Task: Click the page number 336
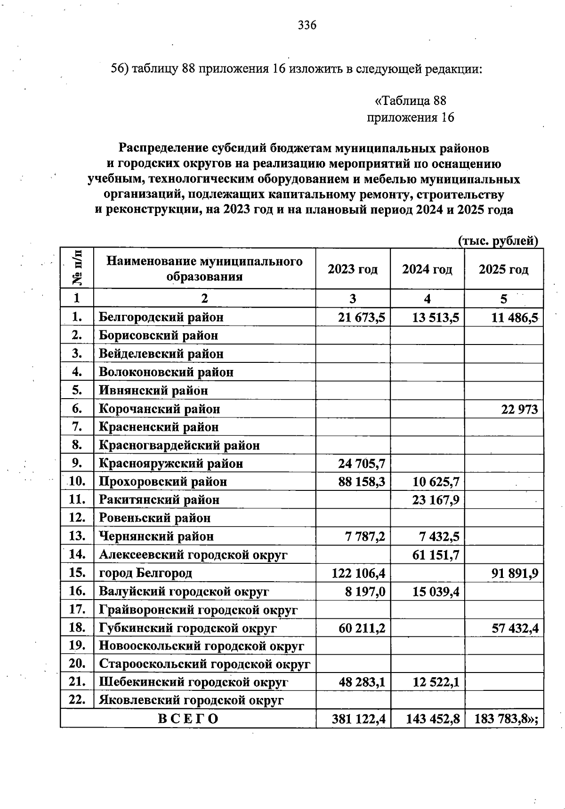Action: (307, 25)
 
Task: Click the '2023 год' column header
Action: (353, 269)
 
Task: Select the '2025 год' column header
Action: (503, 269)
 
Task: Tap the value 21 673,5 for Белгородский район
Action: (362, 318)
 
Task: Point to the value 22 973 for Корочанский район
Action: (519, 409)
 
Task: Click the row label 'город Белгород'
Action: (145, 573)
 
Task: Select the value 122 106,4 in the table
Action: (358, 573)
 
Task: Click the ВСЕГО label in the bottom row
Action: (188, 719)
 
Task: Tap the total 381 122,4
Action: (358, 719)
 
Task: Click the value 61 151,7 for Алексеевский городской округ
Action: (436, 555)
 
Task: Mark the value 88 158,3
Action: (362, 481)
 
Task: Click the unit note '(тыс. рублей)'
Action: (498, 241)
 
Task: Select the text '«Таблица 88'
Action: (410, 101)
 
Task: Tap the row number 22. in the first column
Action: (77, 700)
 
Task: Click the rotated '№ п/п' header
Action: (77, 268)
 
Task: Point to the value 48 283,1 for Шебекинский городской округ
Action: (362, 682)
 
